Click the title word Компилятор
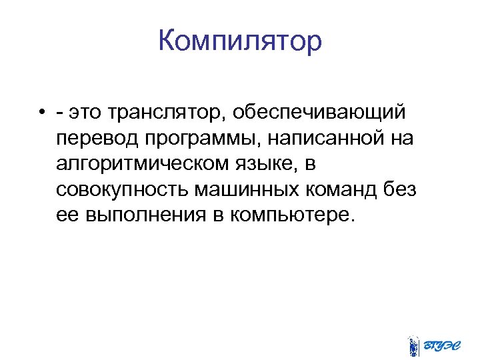240,41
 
